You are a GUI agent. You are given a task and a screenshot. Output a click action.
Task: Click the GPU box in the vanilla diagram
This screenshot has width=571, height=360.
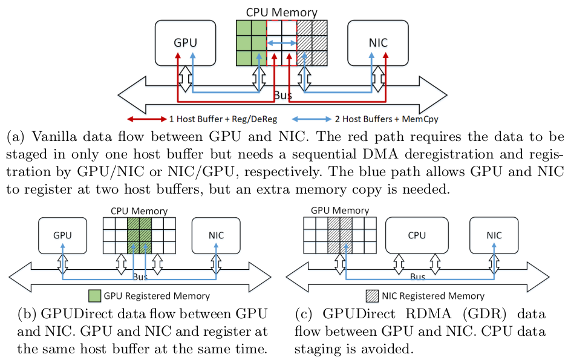coord(186,42)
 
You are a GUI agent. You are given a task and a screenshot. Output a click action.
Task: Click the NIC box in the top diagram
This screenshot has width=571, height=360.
coord(377,42)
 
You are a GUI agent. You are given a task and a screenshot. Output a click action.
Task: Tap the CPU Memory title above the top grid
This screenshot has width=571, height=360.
coord(281,12)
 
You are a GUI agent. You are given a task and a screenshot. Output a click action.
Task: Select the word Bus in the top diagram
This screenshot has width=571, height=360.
coord(282,96)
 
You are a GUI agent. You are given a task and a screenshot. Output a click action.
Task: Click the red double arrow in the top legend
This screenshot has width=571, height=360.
coord(145,119)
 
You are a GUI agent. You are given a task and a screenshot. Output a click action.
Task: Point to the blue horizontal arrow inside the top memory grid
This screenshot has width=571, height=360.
coord(281,43)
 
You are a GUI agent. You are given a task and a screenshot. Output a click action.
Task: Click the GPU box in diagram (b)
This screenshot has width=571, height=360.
coord(64,235)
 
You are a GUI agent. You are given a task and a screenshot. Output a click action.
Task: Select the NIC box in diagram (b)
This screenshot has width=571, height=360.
coord(216,235)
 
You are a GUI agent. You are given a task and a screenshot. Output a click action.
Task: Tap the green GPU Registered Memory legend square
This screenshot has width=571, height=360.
coord(94,296)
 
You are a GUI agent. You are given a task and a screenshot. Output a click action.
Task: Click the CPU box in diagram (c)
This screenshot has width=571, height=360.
coord(417,235)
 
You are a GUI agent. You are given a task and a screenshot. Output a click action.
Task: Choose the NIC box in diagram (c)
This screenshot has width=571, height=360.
coord(494,235)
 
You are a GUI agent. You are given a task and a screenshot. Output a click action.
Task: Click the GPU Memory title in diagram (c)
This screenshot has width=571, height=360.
coord(339,210)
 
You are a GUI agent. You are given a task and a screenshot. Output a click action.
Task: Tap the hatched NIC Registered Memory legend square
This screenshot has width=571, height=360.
coord(373,296)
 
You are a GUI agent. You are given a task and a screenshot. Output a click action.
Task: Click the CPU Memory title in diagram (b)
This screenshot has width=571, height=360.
coord(139,211)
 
